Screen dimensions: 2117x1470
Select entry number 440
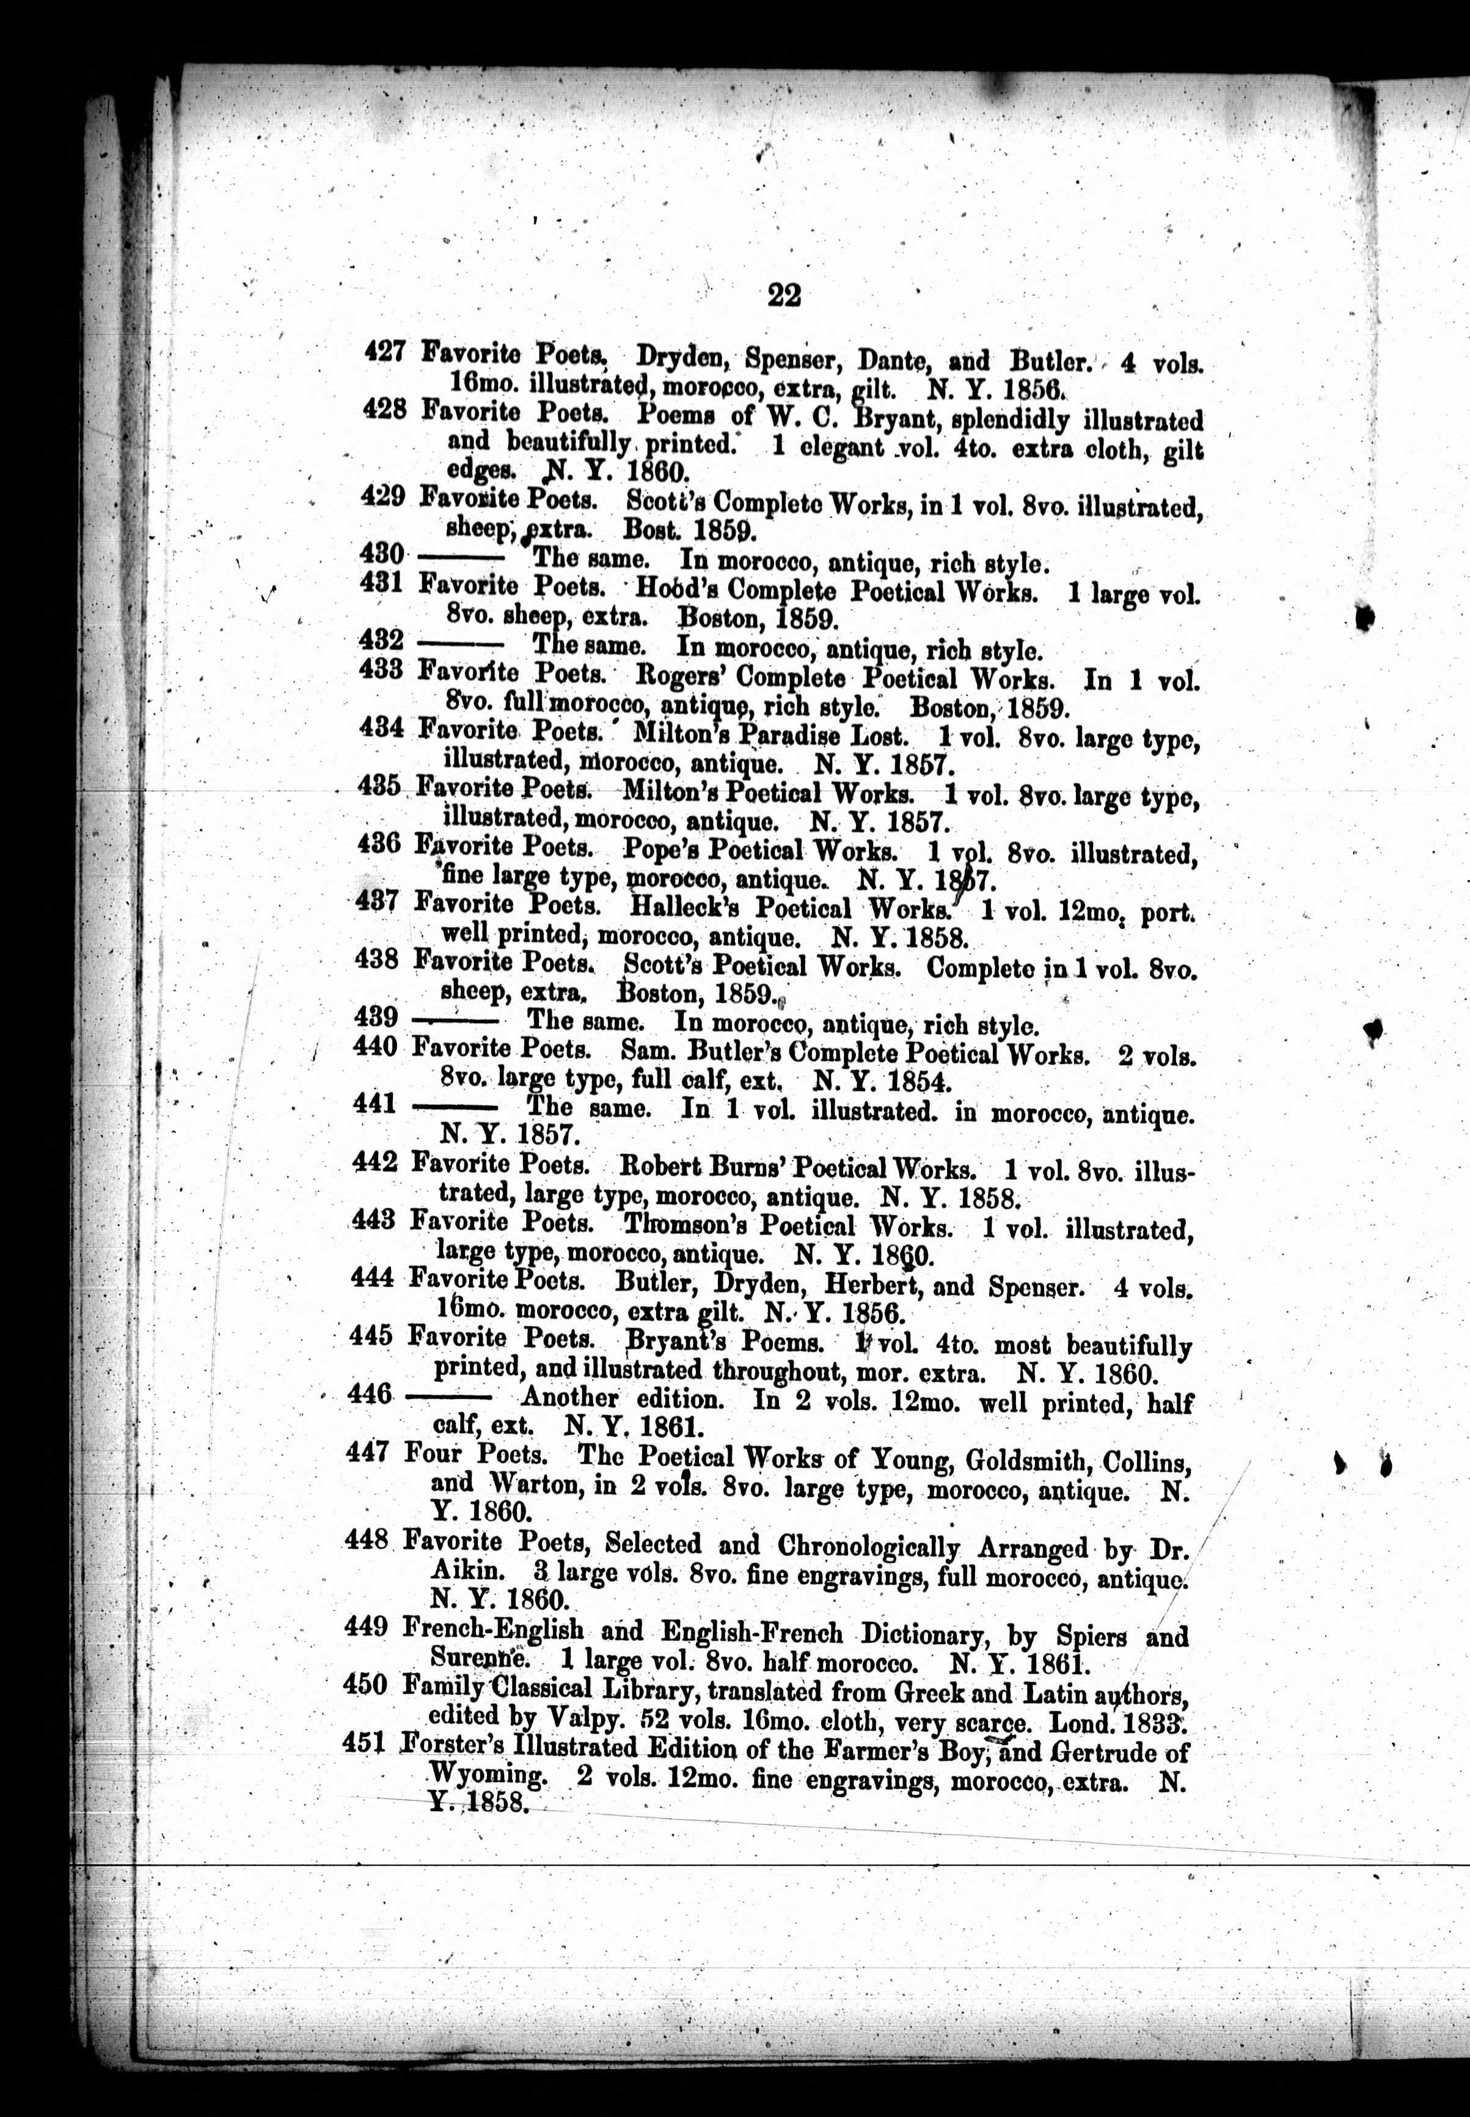point(375,1046)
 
